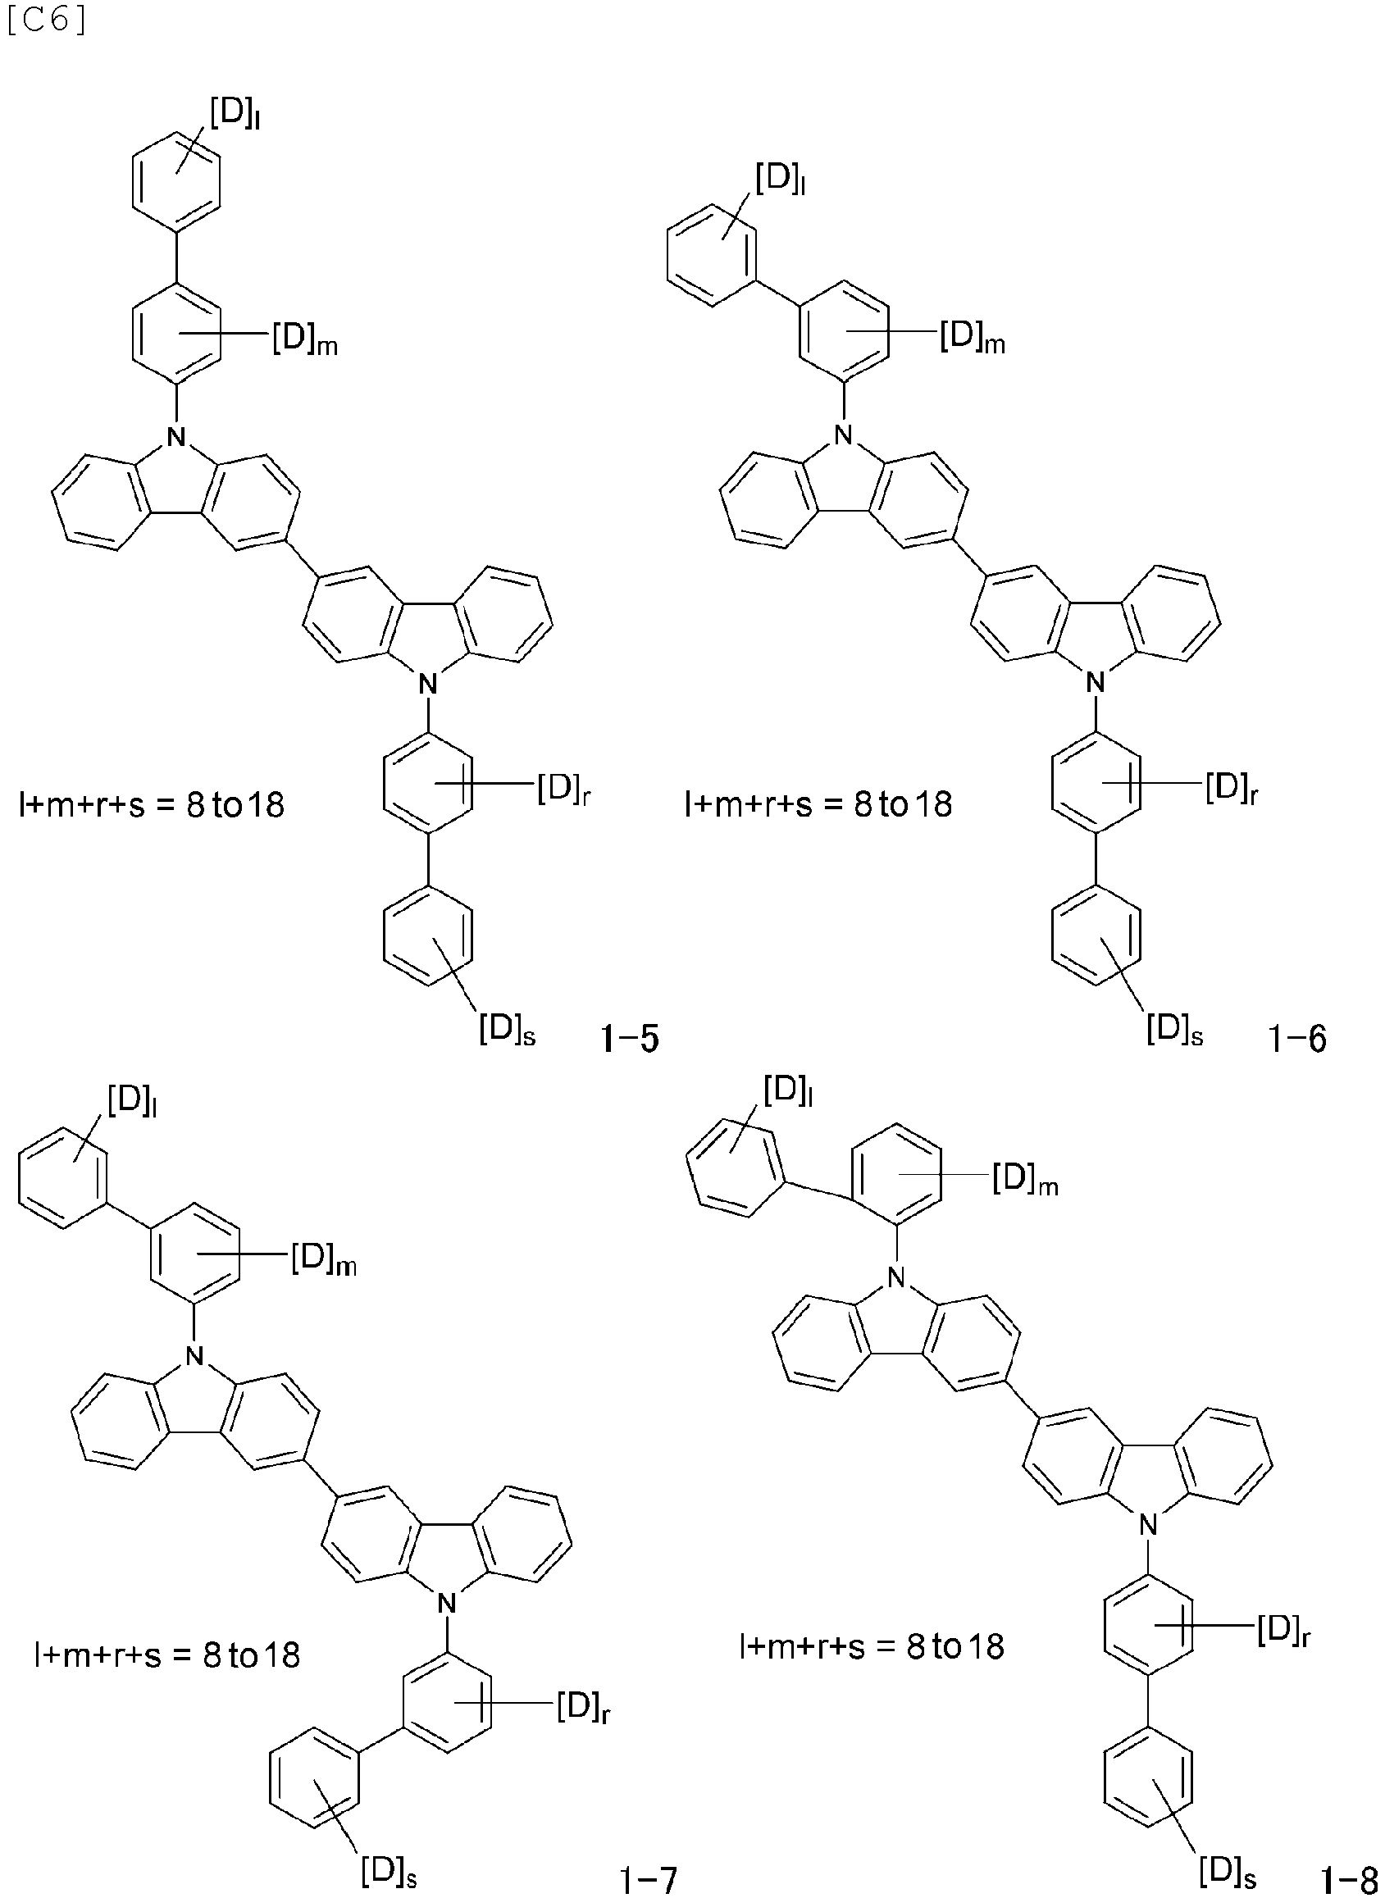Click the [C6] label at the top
pos(45,22)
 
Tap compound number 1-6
pos(1297,1040)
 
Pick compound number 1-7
pos(647,1874)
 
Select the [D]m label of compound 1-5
pos(305,340)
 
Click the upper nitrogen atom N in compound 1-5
pos(175,435)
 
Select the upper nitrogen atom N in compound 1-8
pos(898,1277)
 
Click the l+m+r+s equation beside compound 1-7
pos(167,1654)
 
